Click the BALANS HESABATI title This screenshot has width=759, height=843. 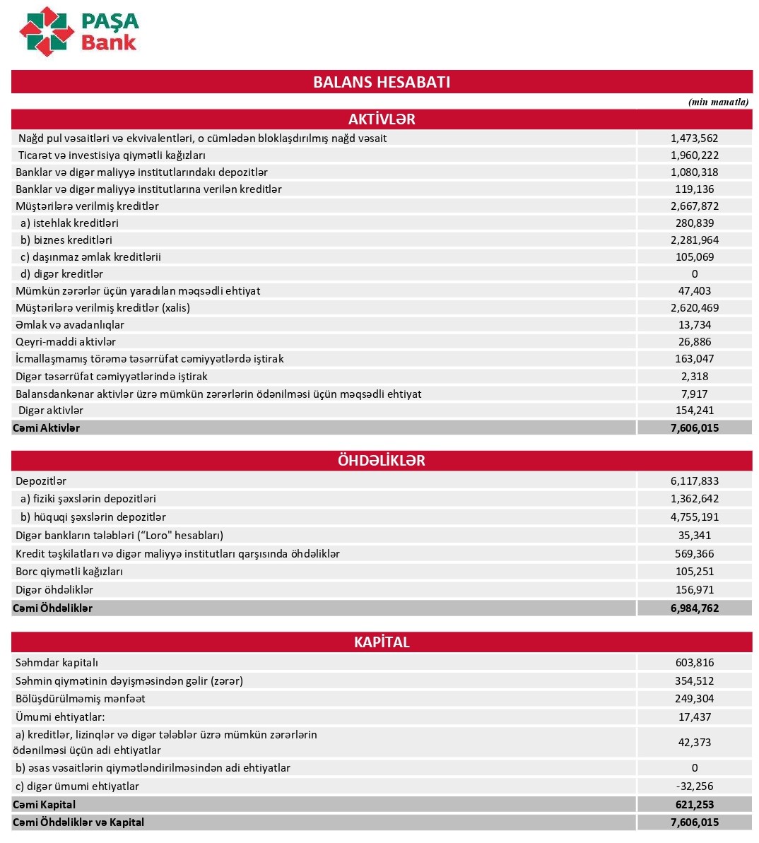point(382,82)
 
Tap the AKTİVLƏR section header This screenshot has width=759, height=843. point(382,119)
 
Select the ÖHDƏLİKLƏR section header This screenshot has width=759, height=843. point(382,461)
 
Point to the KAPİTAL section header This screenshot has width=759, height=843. point(382,642)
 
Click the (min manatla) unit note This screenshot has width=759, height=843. point(718,102)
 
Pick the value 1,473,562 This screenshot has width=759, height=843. point(694,138)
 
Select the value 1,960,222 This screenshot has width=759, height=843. point(694,155)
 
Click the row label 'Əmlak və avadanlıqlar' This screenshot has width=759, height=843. point(70,325)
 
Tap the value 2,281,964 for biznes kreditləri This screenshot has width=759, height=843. point(694,240)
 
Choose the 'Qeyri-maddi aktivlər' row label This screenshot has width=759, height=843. point(66,342)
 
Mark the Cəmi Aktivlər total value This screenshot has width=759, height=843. point(694,428)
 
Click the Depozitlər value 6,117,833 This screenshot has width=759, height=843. point(694,481)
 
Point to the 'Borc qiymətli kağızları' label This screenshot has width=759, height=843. point(69,572)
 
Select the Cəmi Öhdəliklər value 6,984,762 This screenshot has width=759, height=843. point(694,608)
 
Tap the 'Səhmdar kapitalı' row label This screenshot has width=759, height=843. point(57,663)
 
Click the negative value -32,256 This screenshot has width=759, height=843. point(694,786)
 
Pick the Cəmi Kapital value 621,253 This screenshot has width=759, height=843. point(694,805)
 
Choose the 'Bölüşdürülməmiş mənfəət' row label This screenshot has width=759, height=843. point(80,699)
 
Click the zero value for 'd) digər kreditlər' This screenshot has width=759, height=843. point(694,274)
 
